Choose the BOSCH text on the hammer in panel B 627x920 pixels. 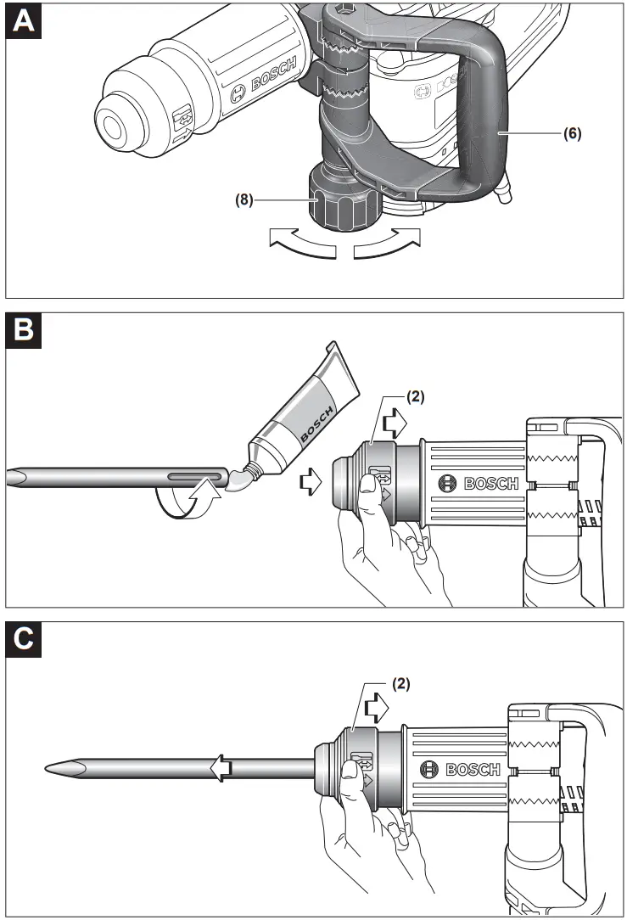490,484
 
